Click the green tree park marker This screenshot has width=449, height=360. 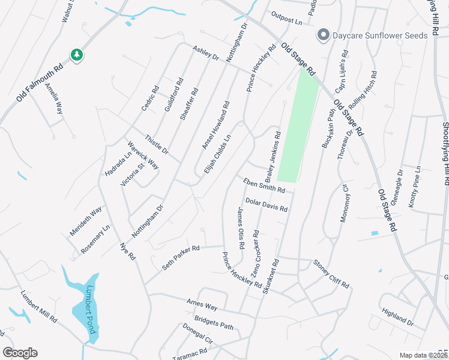click(x=77, y=55)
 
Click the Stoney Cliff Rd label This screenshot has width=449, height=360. click(x=331, y=274)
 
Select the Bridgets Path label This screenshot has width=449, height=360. click(x=213, y=323)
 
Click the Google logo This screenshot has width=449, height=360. click(x=20, y=353)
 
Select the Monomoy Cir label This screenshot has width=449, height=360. click(x=344, y=203)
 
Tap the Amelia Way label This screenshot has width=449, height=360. click(x=54, y=99)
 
